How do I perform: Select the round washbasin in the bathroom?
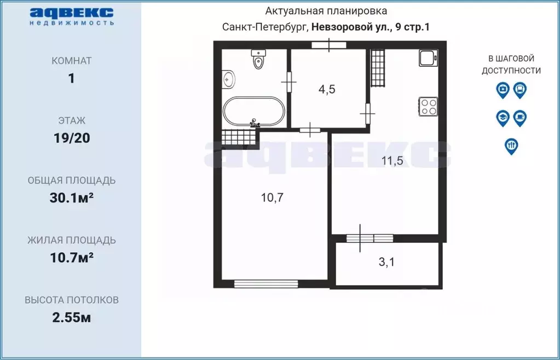pos(229,80)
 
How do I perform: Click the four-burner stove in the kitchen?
pos(428,106)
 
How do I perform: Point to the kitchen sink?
pos(428,58)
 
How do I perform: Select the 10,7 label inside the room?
pos(272,198)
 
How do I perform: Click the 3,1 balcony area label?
pos(386,262)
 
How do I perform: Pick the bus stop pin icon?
pos(520,90)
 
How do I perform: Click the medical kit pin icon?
pos(503,90)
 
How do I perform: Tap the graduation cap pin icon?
pos(503,118)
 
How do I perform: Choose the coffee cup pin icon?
pos(520,118)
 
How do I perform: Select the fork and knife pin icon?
pos(511,146)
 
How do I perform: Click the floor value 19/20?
pos(71,138)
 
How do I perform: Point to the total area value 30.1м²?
pos(71,198)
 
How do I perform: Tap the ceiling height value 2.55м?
pos(71,317)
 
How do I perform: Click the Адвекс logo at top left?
pos(71,16)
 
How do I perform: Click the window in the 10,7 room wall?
pos(266,283)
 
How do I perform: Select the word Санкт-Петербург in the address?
pos(265,27)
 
